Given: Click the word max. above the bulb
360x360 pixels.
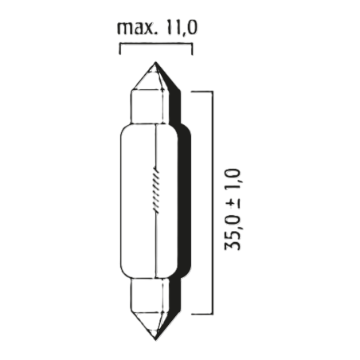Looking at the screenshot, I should point(137,30).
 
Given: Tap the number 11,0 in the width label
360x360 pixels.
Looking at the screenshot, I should point(180,29).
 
